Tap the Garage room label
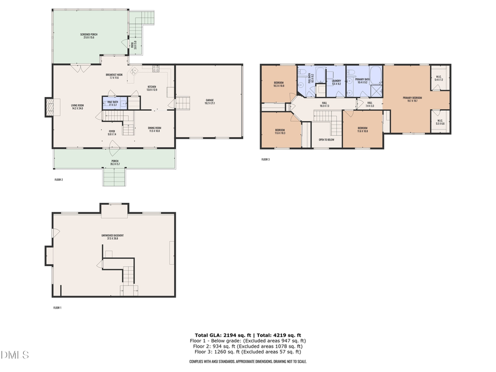coord(209,101)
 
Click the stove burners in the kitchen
coord(155,68)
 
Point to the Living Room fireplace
coord(50,107)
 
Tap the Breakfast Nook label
coord(114,76)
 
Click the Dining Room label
coord(154,130)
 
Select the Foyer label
coord(112,132)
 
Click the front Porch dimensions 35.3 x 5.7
coord(115,164)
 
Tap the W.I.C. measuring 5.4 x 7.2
coord(439,78)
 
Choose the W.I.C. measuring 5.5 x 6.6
coord(440,122)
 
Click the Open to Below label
coord(327,140)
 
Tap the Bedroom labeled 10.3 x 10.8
coord(279,84)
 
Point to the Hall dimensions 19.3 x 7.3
coord(325,104)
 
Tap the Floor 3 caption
coord(266,159)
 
